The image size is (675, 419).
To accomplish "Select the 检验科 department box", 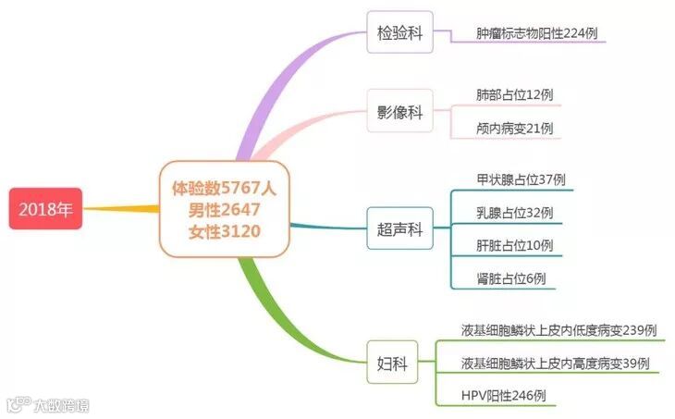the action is pos(399,33).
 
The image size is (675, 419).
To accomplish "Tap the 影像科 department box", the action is pos(399,112).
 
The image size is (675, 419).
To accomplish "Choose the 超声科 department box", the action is pos(399,229).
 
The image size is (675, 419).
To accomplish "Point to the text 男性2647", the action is pos(224,208).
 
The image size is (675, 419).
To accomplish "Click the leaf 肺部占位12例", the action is pos(514,94).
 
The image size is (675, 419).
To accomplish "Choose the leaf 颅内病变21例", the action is pos(514,128).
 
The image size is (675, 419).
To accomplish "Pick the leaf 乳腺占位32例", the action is pos(514,212).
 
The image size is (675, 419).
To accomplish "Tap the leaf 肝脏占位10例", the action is pos(514,245).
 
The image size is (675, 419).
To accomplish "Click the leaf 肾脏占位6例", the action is pos(510,277).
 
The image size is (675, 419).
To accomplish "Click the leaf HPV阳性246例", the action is pos(503,395).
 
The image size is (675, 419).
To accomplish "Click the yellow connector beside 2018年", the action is pos(120,208).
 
